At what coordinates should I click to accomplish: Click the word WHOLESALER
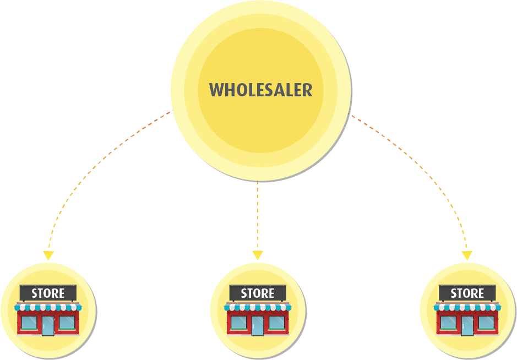click(x=260, y=90)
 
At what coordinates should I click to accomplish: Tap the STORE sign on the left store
click(x=48, y=293)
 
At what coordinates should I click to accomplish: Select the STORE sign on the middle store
click(x=258, y=293)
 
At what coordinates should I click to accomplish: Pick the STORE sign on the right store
click(x=467, y=293)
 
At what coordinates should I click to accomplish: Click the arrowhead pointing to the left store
click(x=48, y=256)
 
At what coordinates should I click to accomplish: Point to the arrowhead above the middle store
click(x=258, y=255)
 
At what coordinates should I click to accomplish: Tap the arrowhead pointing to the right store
click(x=467, y=256)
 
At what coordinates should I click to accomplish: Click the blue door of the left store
click(x=48, y=325)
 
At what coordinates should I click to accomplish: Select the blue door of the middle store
click(x=258, y=325)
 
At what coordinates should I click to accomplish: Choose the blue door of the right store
click(x=467, y=325)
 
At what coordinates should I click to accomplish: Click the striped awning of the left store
click(x=48, y=307)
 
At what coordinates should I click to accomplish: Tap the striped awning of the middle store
click(x=258, y=307)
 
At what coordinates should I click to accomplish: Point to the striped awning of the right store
click(x=467, y=307)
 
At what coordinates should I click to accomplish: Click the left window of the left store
click(x=29, y=322)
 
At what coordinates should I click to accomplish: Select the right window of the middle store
click(x=276, y=322)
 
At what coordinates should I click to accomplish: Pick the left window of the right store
click(x=448, y=322)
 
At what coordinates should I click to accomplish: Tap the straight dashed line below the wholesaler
click(x=258, y=215)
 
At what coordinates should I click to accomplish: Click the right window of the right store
click(x=486, y=322)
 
